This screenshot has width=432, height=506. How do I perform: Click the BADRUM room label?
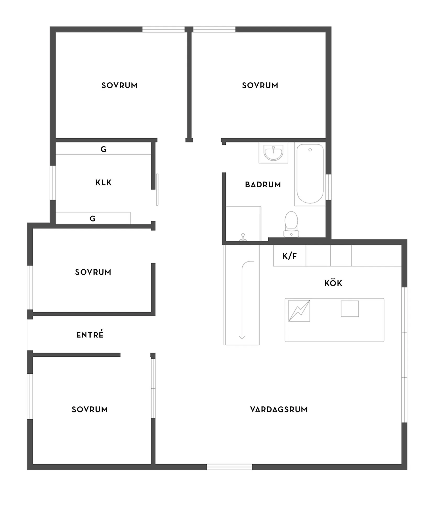(263, 185)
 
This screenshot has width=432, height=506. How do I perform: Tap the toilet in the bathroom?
(291, 224)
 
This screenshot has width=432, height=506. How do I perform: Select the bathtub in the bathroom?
(310, 174)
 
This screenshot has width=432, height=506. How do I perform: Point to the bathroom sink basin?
(273, 153)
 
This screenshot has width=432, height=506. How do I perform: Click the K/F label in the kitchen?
(290, 256)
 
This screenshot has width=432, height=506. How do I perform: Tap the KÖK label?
(333, 283)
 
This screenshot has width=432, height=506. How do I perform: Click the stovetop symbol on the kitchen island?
(299, 311)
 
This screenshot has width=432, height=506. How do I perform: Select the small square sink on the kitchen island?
(350, 309)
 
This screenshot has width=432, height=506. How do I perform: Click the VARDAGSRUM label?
(279, 410)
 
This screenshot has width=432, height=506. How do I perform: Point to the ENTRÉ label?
(90, 335)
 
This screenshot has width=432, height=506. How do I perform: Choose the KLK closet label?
(103, 183)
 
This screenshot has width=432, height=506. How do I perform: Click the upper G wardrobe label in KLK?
(103, 149)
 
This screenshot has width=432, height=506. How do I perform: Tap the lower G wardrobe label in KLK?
(92, 219)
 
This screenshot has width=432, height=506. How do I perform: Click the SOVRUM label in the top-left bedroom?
(119, 85)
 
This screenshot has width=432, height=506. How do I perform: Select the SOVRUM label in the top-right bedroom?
(260, 85)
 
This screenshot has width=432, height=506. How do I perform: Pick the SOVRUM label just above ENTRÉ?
(93, 272)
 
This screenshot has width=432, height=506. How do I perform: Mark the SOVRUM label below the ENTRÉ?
(90, 410)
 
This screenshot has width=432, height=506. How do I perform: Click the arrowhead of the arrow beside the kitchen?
(242, 337)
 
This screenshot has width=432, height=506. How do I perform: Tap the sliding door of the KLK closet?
(157, 190)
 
